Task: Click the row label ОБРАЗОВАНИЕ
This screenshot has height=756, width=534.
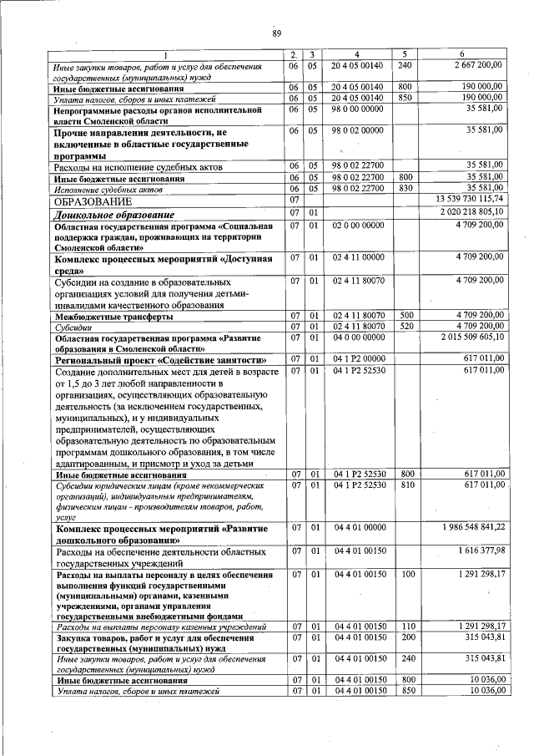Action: tap(93, 201)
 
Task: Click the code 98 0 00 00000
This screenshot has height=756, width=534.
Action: tap(356, 109)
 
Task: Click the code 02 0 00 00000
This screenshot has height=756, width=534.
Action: tap(356, 226)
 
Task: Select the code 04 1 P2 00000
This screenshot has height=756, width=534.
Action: tap(356, 358)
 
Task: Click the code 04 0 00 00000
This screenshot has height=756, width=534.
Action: tap(356, 337)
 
